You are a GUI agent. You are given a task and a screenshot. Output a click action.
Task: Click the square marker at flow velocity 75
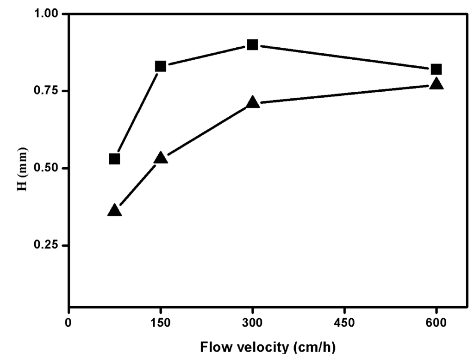(x=114, y=159)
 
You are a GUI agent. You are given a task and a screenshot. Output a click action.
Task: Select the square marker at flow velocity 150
(x=161, y=66)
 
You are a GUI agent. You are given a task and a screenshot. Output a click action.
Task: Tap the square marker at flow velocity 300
(x=252, y=45)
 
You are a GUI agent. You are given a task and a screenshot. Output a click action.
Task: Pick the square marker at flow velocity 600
(x=436, y=69)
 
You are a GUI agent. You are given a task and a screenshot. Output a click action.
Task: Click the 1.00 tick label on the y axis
(x=49, y=14)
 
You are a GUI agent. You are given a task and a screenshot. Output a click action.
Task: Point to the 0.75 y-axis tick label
(x=49, y=91)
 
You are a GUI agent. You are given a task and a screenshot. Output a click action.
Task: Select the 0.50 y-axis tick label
(x=49, y=168)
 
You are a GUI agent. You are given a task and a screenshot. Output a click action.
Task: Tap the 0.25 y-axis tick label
(x=49, y=245)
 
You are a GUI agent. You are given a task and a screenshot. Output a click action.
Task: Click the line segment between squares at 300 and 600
(x=344, y=57)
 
